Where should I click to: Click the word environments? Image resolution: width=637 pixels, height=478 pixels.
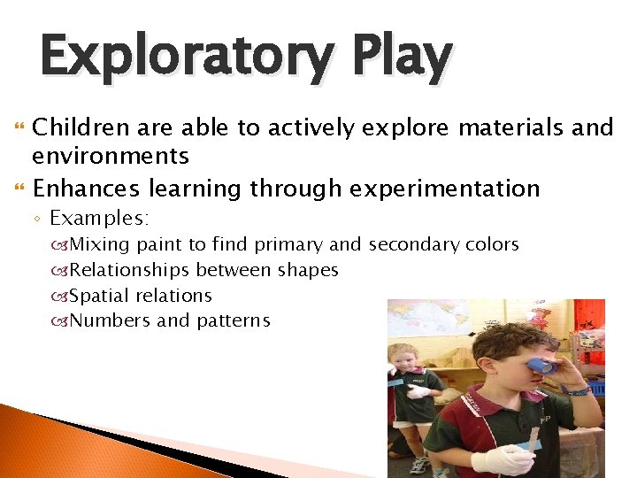point(111,157)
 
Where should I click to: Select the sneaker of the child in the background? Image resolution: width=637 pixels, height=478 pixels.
point(419,465)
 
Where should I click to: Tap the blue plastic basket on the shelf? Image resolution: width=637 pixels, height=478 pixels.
point(597,388)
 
